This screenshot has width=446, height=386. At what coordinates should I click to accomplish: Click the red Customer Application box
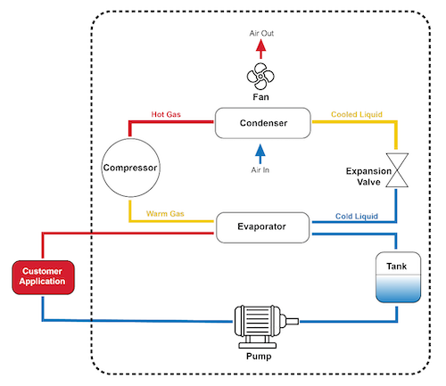pyautogui.click(x=43, y=277)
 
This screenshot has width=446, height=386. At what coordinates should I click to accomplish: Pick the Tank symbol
pyautogui.click(x=398, y=277)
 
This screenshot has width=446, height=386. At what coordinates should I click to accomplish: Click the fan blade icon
pyautogui.click(x=260, y=76)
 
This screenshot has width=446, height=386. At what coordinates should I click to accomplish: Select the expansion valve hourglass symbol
pyautogui.click(x=397, y=170)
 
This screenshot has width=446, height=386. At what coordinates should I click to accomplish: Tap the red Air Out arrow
pyautogui.click(x=260, y=49)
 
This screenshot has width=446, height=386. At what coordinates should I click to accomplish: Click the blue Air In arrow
pyautogui.click(x=260, y=154)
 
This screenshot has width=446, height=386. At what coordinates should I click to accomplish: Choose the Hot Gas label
pyautogui.click(x=166, y=114)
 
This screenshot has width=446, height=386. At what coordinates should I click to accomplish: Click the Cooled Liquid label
pyautogui.click(x=357, y=114)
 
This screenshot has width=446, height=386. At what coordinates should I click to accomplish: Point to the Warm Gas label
pyautogui.click(x=165, y=214)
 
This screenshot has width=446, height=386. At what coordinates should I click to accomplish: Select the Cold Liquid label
pyautogui.click(x=357, y=216)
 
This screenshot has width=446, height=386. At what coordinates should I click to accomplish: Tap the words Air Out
pyautogui.click(x=261, y=33)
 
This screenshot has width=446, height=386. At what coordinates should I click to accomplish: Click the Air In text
pyautogui.click(x=260, y=170)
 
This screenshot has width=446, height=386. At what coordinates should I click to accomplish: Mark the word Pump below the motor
pyautogui.click(x=259, y=356)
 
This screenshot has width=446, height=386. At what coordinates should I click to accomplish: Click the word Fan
pyautogui.click(x=260, y=97)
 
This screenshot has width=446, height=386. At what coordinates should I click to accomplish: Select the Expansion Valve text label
pyautogui.click(x=368, y=177)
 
